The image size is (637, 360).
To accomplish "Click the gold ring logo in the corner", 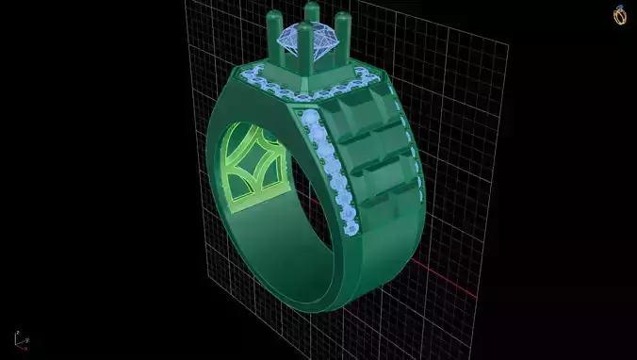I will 620,15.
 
